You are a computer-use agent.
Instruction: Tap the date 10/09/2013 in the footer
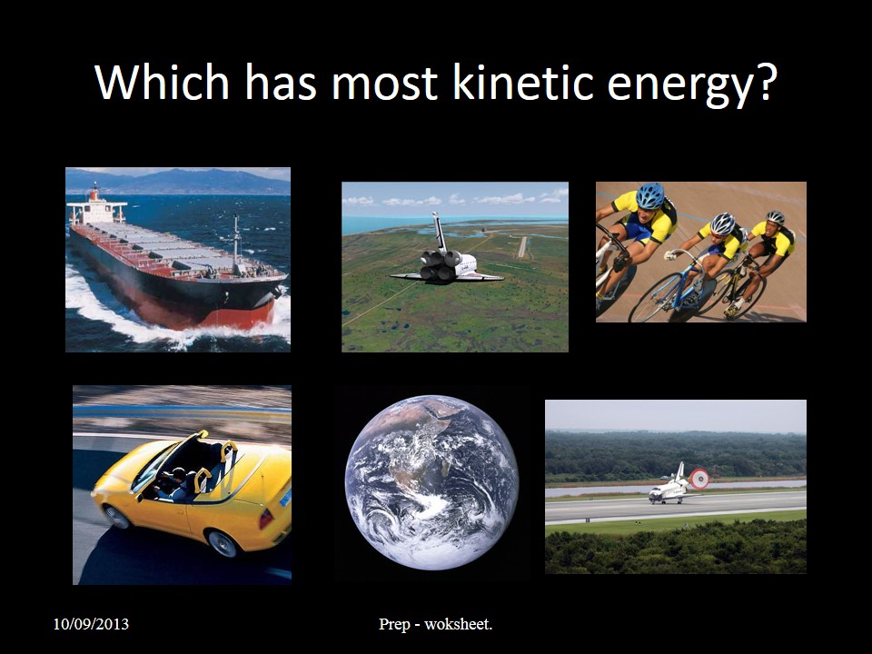[90, 624]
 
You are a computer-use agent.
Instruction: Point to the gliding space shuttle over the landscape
[444, 259]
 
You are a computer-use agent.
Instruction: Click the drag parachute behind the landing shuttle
[699, 478]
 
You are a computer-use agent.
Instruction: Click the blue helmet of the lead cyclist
[649, 195]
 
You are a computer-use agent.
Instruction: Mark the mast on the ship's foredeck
[236, 241]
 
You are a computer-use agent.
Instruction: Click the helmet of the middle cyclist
[722, 223]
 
